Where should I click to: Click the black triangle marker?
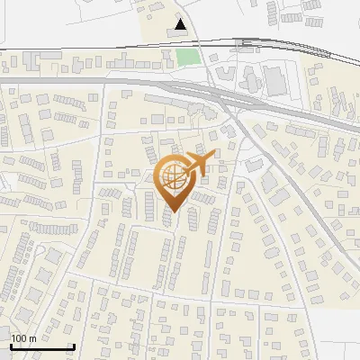point(183,25)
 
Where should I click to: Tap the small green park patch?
point(187,58)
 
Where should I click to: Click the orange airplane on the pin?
point(200,164)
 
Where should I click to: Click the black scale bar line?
point(42,346)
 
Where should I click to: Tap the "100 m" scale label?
point(23,338)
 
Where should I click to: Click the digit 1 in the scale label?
point(13,338)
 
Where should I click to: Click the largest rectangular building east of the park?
point(274,81)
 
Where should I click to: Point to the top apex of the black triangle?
point(183,20)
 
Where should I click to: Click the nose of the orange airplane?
point(214,157)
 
